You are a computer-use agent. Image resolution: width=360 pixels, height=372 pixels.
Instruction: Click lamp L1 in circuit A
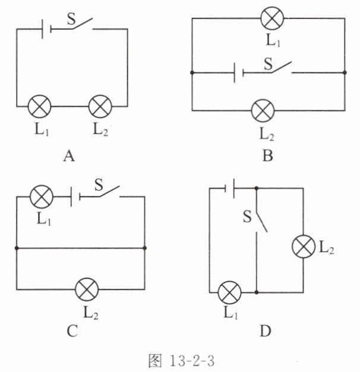pos(39,107)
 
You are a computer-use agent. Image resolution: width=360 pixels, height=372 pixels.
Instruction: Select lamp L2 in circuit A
pos(100,107)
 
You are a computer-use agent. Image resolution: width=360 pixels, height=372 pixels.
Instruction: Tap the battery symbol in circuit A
pos(46,29)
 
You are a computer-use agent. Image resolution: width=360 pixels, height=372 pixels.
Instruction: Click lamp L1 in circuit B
pos(272,18)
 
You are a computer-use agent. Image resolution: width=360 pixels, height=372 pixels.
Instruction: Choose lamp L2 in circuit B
pos(263,110)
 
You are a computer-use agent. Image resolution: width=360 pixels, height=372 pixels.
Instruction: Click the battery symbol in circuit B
pos(239,72)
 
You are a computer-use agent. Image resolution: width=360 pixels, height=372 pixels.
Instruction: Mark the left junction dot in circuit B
pos(192,72)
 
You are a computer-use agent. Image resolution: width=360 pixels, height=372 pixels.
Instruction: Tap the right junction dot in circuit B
pos(345,72)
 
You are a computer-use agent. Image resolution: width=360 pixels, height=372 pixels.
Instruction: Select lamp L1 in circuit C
pos(42,196)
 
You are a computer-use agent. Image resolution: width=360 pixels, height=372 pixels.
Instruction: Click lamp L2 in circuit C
pos(87,290)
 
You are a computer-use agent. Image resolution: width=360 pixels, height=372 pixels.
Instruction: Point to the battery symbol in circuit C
pos(76,196)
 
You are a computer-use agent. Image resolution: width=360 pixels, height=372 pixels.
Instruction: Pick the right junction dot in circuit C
pos(144,248)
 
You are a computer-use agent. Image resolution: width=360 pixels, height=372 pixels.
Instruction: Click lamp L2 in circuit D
pos(304,246)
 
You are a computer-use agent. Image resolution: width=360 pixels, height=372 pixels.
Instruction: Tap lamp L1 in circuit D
pos(229,292)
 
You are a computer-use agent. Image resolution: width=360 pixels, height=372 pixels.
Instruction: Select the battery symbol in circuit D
pos(229,188)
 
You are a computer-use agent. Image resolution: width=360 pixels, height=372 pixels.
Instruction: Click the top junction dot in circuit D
pos(257,188)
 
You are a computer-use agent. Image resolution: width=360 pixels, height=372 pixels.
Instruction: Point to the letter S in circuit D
pos(247,217)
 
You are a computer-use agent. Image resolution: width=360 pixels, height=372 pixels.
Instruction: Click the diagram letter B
pos(268,156)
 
